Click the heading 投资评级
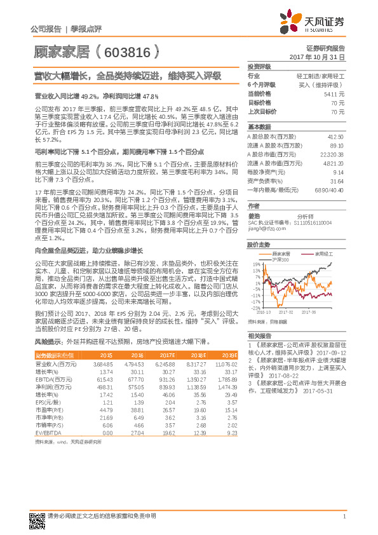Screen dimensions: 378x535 tap(259, 67)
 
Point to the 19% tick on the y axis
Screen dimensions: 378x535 tap(255, 264)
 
